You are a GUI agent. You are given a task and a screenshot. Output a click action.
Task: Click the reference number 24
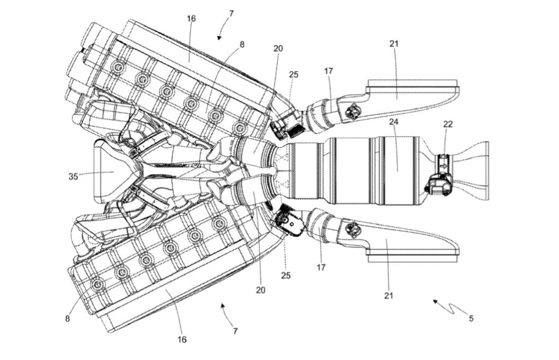point(394,122)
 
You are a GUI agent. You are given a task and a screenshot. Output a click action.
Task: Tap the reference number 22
point(448,124)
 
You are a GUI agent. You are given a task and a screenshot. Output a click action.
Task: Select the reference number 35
point(73,176)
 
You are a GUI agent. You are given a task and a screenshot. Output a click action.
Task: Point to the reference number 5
point(471,319)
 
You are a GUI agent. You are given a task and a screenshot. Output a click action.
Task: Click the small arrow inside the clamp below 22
point(443,166)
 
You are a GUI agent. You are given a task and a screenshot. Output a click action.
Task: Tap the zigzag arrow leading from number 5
point(450,307)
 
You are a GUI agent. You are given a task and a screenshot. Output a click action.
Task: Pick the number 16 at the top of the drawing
point(192,19)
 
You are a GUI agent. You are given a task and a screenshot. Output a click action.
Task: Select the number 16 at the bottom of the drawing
point(182,340)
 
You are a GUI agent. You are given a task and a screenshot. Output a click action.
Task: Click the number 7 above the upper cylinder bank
point(231,14)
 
